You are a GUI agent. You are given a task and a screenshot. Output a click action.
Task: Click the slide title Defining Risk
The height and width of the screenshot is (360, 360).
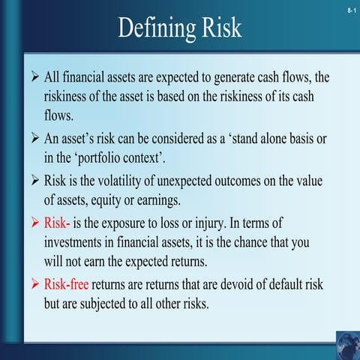[x=180, y=27]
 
